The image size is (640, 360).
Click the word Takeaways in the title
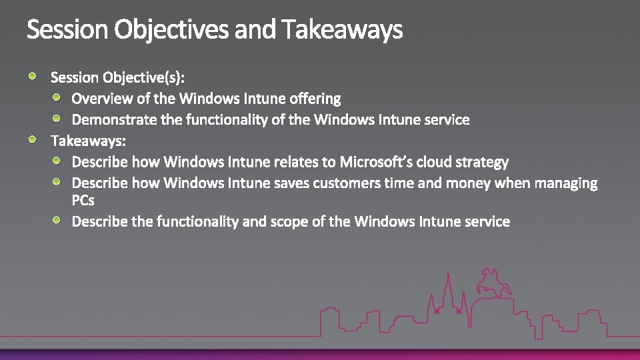click(x=342, y=30)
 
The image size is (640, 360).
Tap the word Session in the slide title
click(x=67, y=30)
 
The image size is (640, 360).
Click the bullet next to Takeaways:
click(x=33, y=140)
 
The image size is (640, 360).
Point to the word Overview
click(x=101, y=99)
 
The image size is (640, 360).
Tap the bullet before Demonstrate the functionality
click(x=57, y=119)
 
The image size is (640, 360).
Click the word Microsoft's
click(x=375, y=162)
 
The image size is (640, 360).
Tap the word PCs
click(x=83, y=200)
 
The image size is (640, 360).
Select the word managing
click(x=567, y=183)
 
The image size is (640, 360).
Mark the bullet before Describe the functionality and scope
click(x=57, y=220)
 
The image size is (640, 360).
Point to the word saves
click(x=289, y=183)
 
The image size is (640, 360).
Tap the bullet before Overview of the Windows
click(x=57, y=97)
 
